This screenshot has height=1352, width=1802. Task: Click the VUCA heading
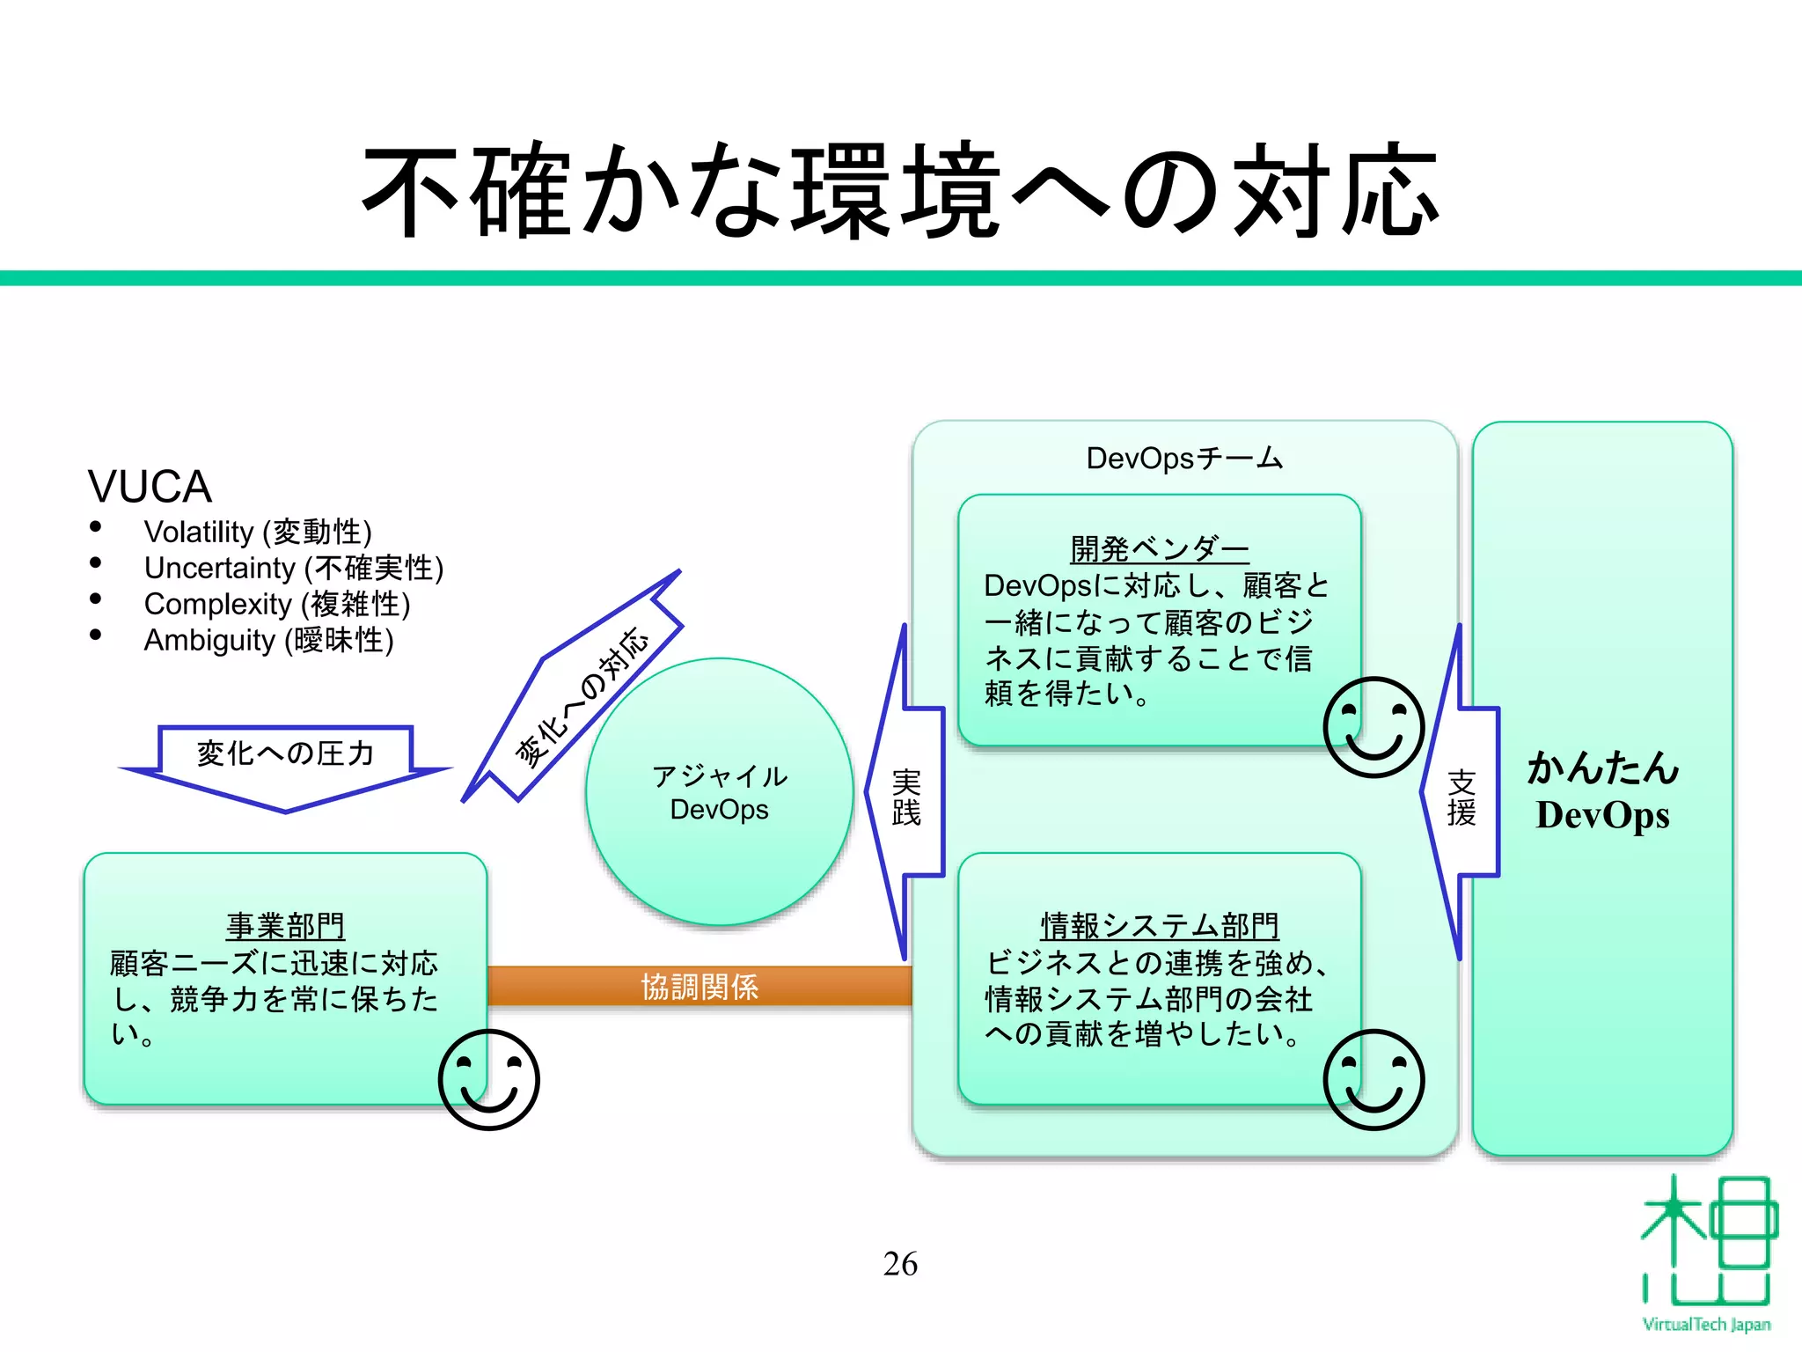150,487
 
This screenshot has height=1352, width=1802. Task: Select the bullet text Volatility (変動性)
258,533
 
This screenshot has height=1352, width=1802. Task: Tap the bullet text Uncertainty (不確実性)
293,569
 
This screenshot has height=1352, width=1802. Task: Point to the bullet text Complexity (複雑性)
276,605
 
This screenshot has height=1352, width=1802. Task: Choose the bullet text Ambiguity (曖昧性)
268,641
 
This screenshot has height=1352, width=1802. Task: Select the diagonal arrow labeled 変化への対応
581,695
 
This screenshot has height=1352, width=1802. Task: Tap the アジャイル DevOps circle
719,792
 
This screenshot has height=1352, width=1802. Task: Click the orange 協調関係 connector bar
700,987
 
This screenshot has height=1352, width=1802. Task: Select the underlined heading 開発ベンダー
1159,550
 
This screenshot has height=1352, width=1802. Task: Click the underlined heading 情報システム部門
1159,926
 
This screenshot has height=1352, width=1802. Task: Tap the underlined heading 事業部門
285,926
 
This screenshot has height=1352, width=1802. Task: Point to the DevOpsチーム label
1184,459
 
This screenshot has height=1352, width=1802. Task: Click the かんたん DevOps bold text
1602,790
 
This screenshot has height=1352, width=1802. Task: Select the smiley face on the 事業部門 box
488,1080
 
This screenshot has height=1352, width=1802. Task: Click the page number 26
900,1264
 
